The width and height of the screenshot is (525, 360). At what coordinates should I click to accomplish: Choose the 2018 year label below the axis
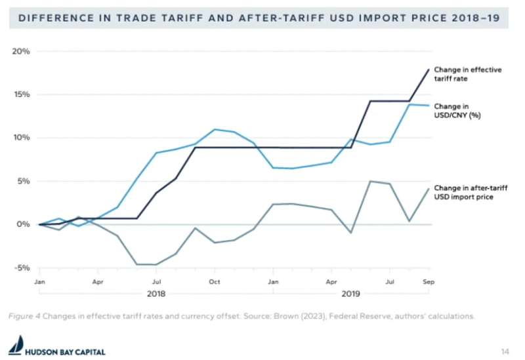pos(156,294)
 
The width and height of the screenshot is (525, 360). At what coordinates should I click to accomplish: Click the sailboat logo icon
pos(15,346)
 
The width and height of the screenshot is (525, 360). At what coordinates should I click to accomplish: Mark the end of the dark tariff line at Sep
pos(429,70)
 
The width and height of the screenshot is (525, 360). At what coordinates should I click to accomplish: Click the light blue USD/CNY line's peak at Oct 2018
pos(215,129)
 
